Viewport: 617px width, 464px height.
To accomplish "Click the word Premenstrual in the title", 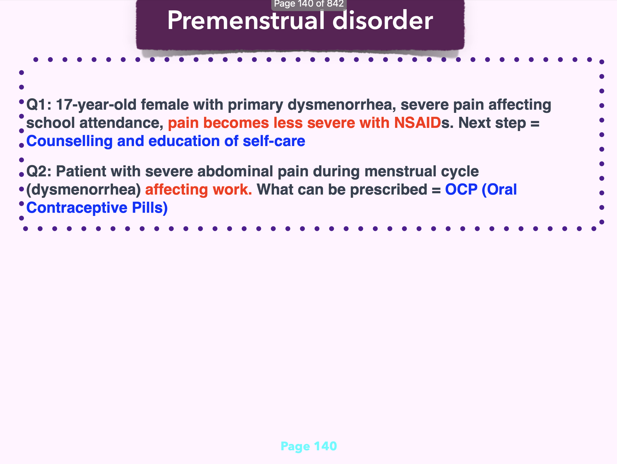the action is (246, 20).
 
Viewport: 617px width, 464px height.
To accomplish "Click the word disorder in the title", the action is (383, 20).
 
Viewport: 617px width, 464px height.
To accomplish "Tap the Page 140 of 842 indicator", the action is (309, 4).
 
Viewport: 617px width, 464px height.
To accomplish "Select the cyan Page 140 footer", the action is (308, 446).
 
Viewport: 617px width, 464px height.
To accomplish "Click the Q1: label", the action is (39, 105).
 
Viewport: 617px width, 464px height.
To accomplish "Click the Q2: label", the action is (39, 171).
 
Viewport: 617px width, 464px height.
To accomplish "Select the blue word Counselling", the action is (69, 141).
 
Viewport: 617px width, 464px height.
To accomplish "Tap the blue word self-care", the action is (274, 141).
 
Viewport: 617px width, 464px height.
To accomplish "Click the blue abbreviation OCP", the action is (461, 190).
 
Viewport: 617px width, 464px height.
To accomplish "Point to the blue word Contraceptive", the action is (77, 208).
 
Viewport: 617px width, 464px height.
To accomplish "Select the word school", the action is (50, 123).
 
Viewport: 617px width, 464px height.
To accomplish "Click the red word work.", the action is (232, 190).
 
